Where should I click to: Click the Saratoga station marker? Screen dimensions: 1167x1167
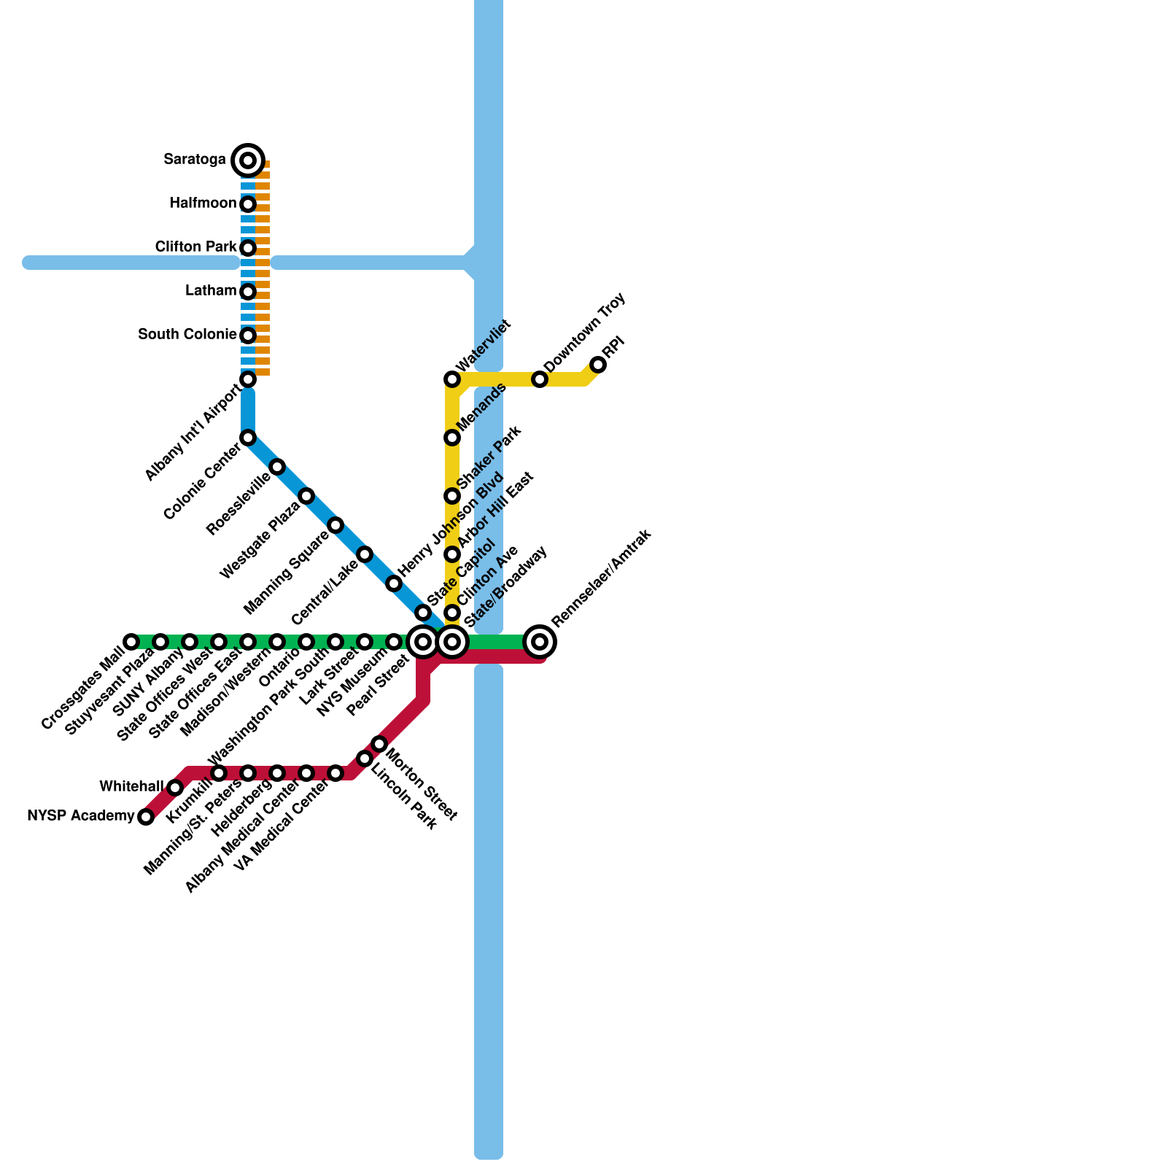[248, 160]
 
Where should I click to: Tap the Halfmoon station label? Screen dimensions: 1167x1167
[203, 203]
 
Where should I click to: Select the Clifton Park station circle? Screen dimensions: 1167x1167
[248, 248]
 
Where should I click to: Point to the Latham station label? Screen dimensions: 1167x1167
[211, 291]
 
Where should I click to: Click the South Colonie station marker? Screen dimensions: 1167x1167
[248, 336]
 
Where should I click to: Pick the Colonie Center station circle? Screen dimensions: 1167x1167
[248, 438]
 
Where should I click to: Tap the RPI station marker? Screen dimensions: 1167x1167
[598, 365]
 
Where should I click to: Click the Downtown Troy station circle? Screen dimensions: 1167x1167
[540, 379]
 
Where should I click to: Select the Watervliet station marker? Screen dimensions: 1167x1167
[452, 379]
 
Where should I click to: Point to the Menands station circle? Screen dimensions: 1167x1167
[452, 438]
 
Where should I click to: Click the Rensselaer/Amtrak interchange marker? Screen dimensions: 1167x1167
[540, 642]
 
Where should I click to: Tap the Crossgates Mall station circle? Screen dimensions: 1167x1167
[131, 642]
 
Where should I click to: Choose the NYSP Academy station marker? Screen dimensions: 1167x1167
[146, 817]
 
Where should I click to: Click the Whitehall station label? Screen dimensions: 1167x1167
[131, 787]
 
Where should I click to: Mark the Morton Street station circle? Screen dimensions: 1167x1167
[379, 744]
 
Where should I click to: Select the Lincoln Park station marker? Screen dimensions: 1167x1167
[365, 759]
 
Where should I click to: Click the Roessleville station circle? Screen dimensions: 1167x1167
[277, 467]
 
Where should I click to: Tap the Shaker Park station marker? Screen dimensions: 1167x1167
[452, 496]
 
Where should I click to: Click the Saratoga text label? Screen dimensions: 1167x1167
[195, 160]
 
